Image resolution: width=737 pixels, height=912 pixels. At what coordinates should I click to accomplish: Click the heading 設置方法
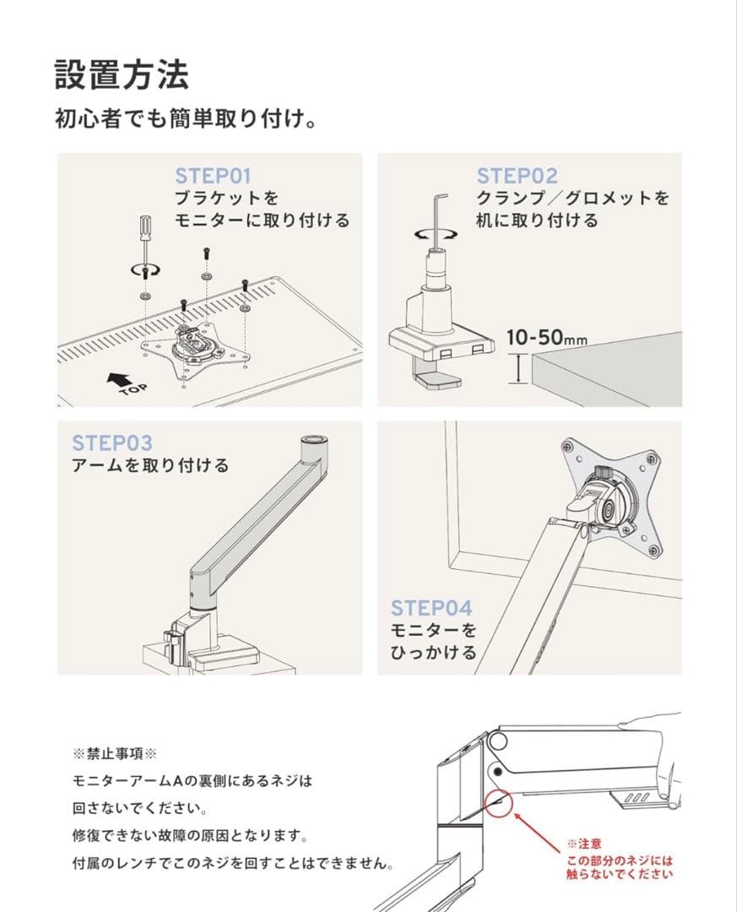coord(122,74)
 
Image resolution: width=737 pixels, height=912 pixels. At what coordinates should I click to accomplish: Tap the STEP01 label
coord(212,176)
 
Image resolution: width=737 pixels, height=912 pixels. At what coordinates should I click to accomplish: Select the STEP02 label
coord(518,176)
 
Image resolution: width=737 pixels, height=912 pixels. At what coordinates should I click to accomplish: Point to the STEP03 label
coord(112,442)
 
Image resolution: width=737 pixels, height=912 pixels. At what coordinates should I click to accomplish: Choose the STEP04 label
coord(431,608)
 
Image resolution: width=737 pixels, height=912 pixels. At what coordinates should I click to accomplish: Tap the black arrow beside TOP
coord(119,379)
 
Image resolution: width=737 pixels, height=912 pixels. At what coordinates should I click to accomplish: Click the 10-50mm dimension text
coord(547,337)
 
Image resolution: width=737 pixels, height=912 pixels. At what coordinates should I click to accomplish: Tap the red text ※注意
coord(584,844)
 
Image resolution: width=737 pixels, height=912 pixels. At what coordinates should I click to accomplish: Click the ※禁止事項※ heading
coord(115,754)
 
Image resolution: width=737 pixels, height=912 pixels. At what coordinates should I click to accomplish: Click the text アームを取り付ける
coord(150,465)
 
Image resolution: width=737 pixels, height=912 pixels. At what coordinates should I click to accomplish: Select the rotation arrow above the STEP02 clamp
coord(436,235)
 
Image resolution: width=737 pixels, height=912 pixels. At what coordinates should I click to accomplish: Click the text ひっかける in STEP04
coord(434,652)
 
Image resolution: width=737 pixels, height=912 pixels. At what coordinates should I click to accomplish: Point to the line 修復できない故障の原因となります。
coord(190,836)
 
